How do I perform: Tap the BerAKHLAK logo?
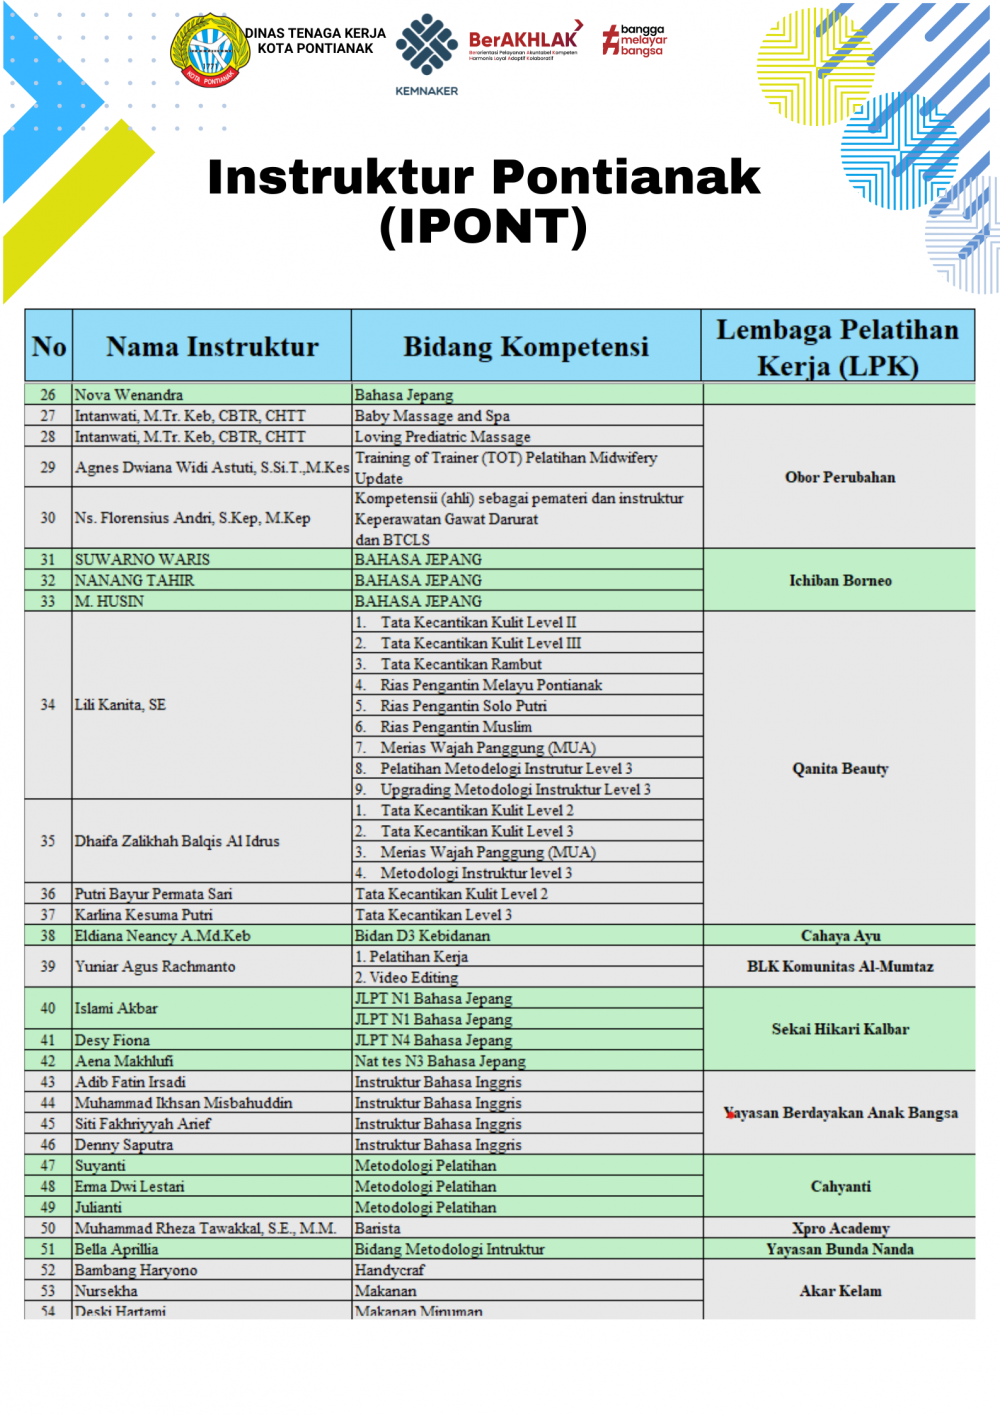[x=523, y=43]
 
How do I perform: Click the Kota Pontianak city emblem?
[x=210, y=49]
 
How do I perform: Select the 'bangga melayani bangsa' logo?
[x=635, y=40]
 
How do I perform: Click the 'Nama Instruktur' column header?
[x=212, y=347]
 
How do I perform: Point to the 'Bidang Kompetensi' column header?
[x=526, y=347]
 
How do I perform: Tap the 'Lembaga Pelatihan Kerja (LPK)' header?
[x=838, y=347]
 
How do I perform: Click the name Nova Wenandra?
[x=129, y=395]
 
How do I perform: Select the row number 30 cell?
[x=48, y=518]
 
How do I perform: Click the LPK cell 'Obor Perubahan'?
[x=840, y=477]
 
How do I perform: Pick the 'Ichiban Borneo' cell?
[x=840, y=580]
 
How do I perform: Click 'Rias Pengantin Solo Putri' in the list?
[x=463, y=706]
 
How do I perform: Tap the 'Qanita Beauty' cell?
[x=840, y=768]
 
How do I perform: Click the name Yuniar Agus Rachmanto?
[x=156, y=967]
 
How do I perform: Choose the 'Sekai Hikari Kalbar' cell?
[x=840, y=1029]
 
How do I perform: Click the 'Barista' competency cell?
[x=378, y=1228]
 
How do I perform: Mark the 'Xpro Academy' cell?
[x=840, y=1228]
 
